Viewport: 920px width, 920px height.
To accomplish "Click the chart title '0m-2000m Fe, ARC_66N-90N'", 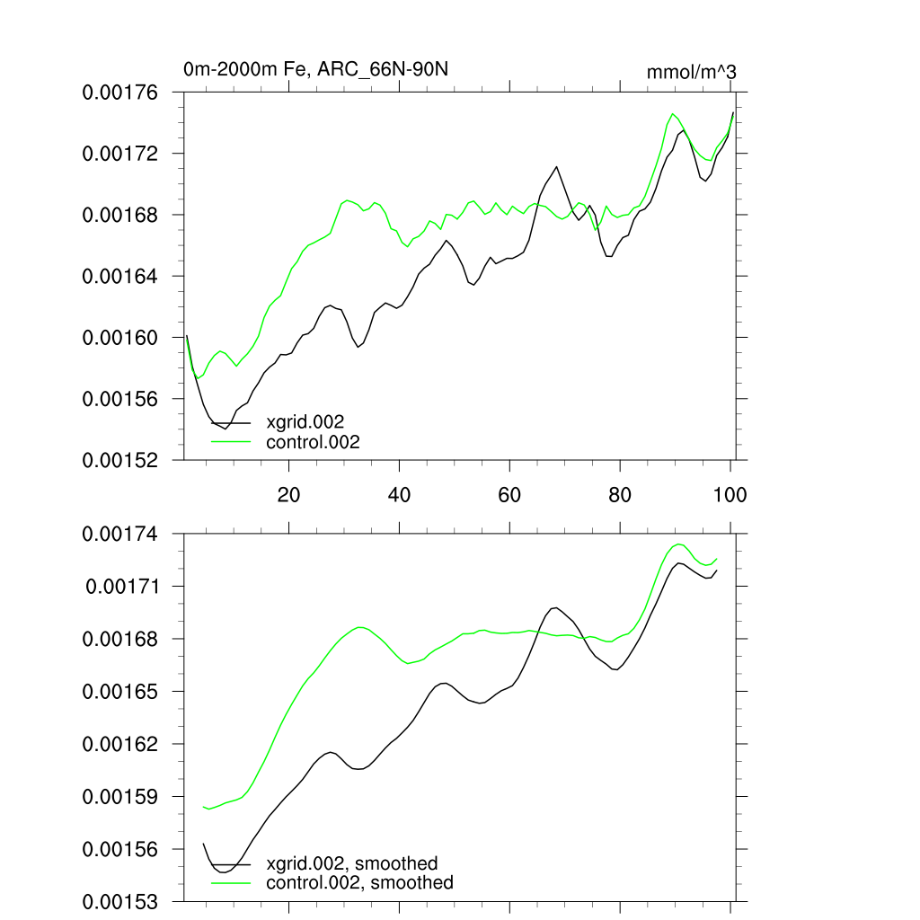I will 314,69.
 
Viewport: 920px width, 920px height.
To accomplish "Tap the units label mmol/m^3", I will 691,72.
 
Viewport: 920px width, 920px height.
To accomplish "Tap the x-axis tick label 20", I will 288,494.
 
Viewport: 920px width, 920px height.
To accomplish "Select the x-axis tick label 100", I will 730,494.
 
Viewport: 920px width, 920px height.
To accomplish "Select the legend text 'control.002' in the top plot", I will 313,442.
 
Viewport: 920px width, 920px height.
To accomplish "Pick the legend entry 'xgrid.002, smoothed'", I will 351,863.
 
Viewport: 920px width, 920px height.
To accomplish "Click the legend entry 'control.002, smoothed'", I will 359,883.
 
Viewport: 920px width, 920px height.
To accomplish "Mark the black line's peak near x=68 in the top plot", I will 557,167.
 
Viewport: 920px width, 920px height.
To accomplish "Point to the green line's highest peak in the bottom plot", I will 679,544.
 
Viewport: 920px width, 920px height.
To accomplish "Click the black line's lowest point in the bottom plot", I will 224,871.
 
